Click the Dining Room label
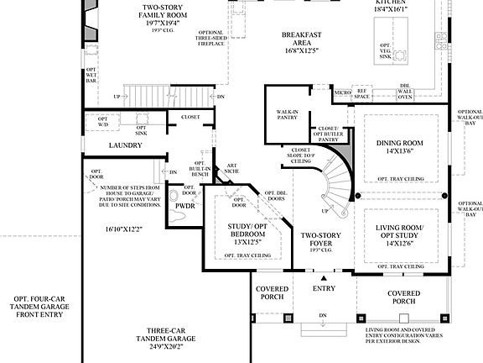pyautogui.click(x=400, y=144)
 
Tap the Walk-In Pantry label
pyautogui.click(x=283, y=116)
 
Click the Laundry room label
pyautogui.click(x=126, y=145)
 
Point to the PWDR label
pyautogui.click(x=184, y=205)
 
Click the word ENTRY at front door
pyautogui.click(x=324, y=289)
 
